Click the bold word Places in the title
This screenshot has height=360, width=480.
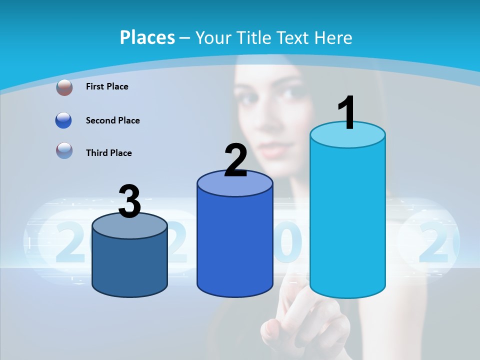(x=147, y=37)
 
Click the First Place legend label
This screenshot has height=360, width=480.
(x=107, y=86)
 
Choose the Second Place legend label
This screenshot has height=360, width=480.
(x=113, y=120)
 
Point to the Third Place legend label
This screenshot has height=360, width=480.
(x=109, y=153)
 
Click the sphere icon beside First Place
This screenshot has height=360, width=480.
(x=64, y=87)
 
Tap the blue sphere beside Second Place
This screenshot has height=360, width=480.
(x=64, y=120)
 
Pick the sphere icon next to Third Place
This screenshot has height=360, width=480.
(x=64, y=150)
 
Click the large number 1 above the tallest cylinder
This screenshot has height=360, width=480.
(x=347, y=113)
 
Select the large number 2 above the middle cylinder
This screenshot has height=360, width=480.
(x=235, y=161)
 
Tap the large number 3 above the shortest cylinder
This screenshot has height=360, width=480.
(x=129, y=202)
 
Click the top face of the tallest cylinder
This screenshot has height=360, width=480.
(x=347, y=135)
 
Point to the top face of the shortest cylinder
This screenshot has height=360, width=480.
(x=129, y=226)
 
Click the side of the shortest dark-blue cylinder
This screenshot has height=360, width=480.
(x=129, y=265)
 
